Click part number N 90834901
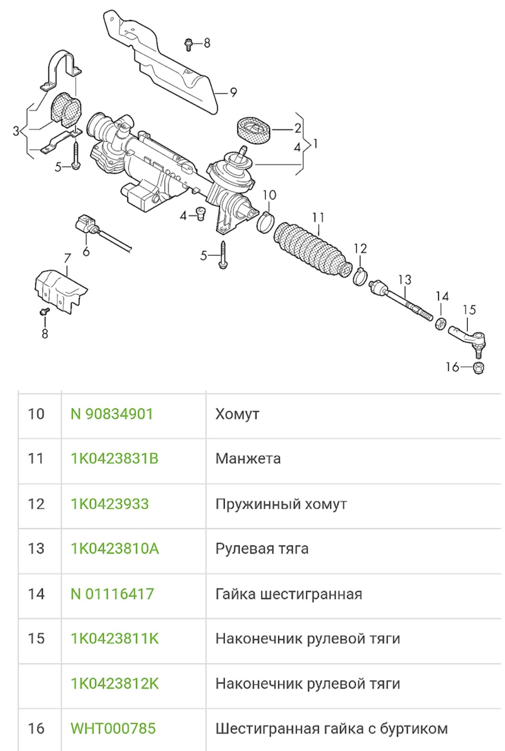(x=112, y=414)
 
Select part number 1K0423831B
(x=114, y=458)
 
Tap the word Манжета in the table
(x=248, y=458)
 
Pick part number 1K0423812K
(x=114, y=684)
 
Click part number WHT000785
(x=113, y=728)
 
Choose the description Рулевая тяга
(x=262, y=548)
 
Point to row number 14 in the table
(x=36, y=594)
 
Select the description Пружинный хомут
(x=281, y=504)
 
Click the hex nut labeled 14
(x=441, y=323)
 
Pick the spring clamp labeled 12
(x=360, y=276)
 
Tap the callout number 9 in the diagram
(x=234, y=92)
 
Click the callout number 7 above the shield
(x=67, y=258)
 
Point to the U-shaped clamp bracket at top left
(x=63, y=68)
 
